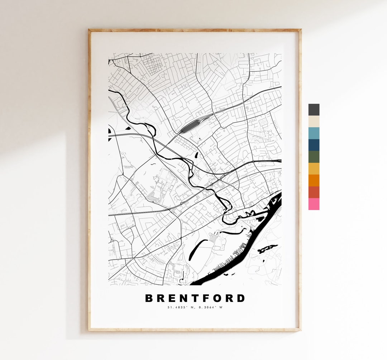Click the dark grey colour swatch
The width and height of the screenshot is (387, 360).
[x=314, y=109]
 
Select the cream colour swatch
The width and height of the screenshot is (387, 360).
[x=314, y=121]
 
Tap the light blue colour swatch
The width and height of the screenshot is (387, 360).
[x=314, y=133]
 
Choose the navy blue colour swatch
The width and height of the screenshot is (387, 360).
[x=314, y=145]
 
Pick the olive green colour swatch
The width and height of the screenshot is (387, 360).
[x=314, y=157]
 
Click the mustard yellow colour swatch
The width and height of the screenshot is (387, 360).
[x=314, y=169]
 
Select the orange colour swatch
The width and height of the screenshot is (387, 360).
[x=314, y=180]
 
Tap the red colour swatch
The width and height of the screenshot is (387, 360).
[x=314, y=192]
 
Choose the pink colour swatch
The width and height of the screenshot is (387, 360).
[x=314, y=204]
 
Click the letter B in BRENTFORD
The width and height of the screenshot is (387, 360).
[x=149, y=298]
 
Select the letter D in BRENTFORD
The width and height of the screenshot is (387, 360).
[x=241, y=298]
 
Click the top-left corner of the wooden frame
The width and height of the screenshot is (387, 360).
[x=90, y=30]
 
